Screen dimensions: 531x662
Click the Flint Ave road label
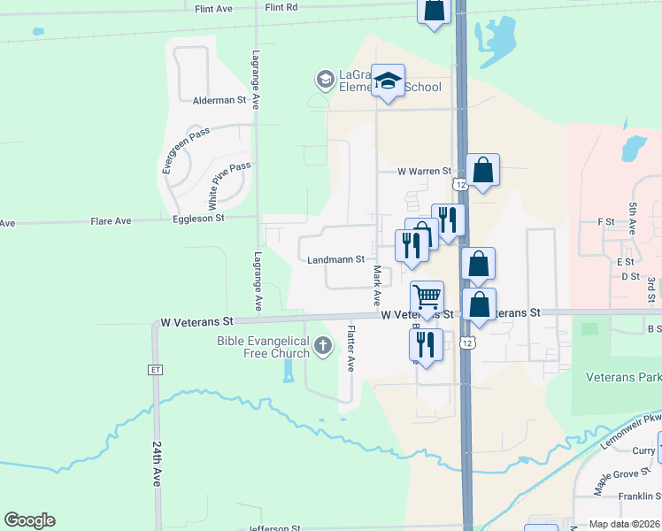[x=212, y=7]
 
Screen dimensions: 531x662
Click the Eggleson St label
[x=198, y=218]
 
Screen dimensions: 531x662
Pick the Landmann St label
[x=336, y=259]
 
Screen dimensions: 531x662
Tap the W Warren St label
[x=424, y=171]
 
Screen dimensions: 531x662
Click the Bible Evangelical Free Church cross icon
[x=323, y=346]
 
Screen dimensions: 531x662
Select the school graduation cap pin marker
[x=388, y=81]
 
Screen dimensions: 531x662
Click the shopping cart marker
[x=427, y=296]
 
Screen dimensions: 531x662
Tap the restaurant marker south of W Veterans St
[x=426, y=344]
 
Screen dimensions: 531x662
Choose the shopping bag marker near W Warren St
[x=482, y=169]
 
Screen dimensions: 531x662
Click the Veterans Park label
[x=623, y=377]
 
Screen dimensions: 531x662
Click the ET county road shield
[x=156, y=369]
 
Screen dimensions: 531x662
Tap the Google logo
[x=29, y=520]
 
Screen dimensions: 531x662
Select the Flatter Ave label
[x=351, y=349]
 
